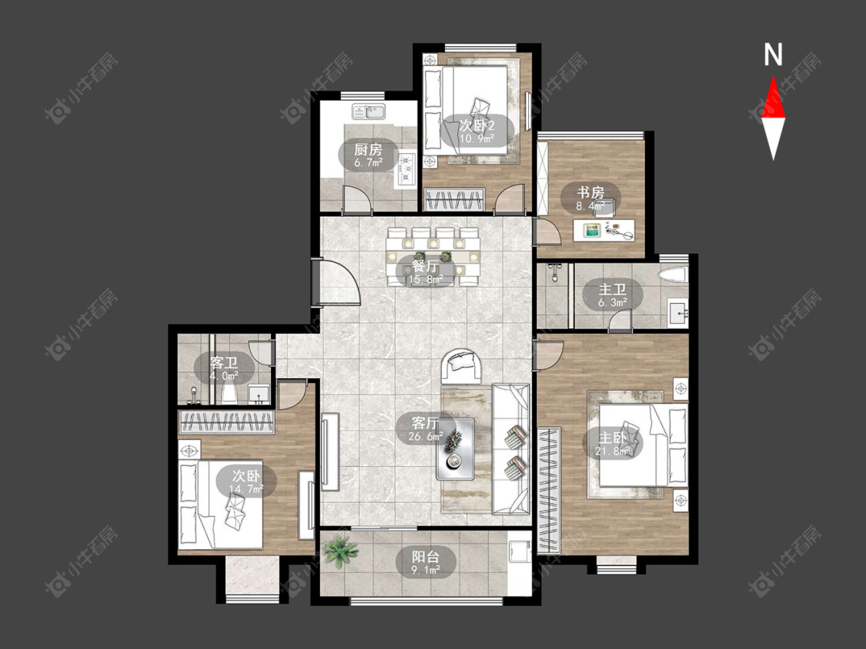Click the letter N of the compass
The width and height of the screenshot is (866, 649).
tap(773, 55)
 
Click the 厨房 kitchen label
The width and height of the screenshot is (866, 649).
tap(368, 149)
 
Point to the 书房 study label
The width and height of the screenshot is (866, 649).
tap(590, 193)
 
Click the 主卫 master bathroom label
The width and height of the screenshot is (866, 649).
tap(613, 290)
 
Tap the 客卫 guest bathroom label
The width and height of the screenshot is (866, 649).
tap(224, 363)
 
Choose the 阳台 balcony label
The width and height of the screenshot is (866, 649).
tap(425, 557)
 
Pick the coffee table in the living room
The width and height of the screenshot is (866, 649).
tap(455, 449)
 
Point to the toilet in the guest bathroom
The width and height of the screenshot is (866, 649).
tap(229, 394)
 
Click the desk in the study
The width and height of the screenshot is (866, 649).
tap(604, 230)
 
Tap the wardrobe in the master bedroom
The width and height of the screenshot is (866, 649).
tap(549, 490)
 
